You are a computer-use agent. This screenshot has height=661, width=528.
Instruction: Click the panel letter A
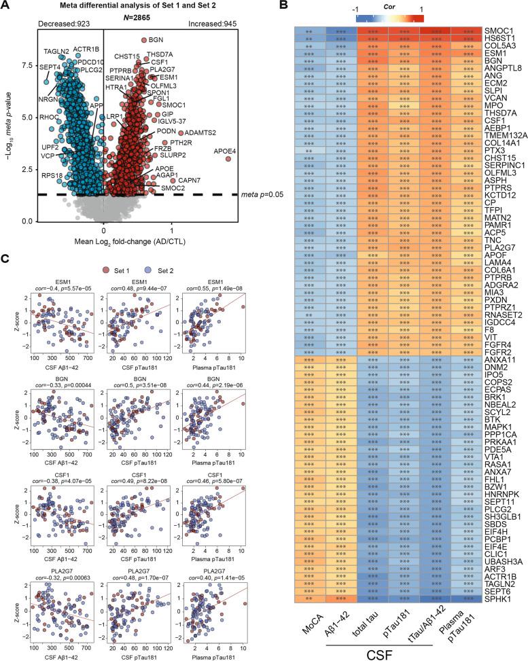[x=7, y=7]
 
